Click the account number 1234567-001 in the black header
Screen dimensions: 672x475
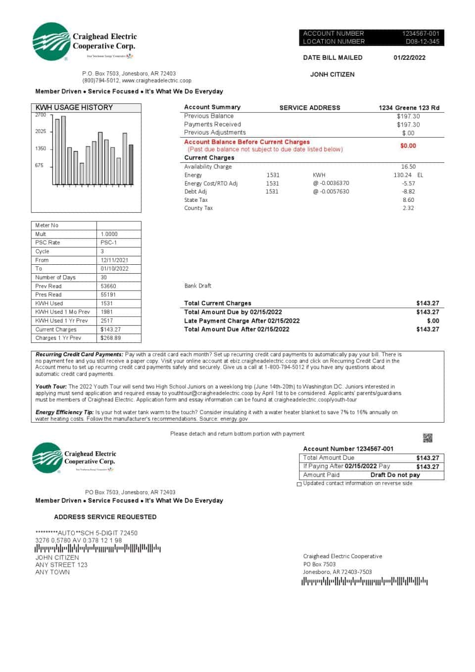pyautogui.click(x=420, y=34)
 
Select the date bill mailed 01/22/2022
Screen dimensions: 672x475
pyautogui.click(x=409, y=57)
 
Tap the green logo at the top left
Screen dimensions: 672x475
pyautogui.click(x=50, y=42)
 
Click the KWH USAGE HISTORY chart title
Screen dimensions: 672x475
pyautogui.click(x=74, y=107)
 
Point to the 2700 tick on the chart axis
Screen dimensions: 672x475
pyautogui.click(x=41, y=115)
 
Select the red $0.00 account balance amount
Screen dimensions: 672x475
pyautogui.click(x=408, y=145)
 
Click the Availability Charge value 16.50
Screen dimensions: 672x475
pyautogui.click(x=408, y=167)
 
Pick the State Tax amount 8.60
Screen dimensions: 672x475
pyautogui.click(x=408, y=200)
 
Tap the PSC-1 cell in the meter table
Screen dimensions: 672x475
pyautogui.click(x=108, y=242)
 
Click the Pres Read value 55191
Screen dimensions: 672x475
pyautogui.click(x=108, y=294)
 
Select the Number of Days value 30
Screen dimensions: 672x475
pyautogui.click(x=104, y=277)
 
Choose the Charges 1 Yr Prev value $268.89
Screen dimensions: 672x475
pyautogui.click(x=110, y=338)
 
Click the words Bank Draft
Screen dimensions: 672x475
pyautogui.click(x=197, y=286)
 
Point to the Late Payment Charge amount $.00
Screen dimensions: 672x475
pyautogui.click(x=432, y=321)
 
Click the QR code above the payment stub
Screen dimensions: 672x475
pyautogui.click(x=427, y=437)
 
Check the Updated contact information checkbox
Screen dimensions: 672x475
pyautogui.click(x=299, y=484)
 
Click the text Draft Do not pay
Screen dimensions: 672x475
pyautogui.click(x=395, y=475)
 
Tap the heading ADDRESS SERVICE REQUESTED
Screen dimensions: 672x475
pyautogui.click(x=105, y=517)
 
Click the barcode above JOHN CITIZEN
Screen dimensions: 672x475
pyautogui.click(x=97, y=548)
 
